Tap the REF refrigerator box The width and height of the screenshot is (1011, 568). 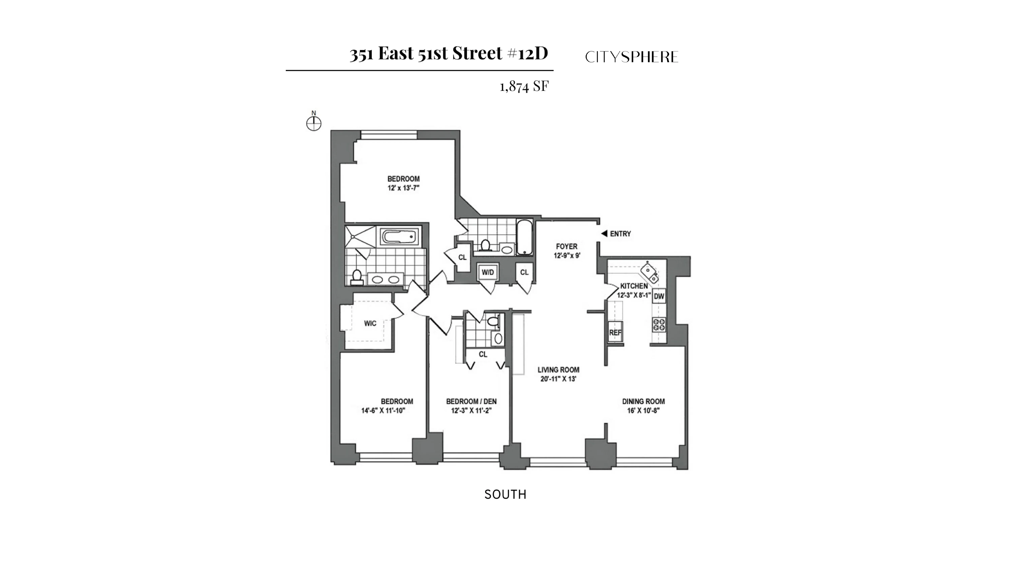coord(615,332)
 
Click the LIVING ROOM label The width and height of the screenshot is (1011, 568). coord(558,370)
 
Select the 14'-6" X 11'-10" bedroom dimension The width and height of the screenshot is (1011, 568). coord(383,411)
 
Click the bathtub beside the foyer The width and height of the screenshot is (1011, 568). coord(524,237)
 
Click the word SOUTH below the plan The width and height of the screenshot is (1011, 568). coord(505,495)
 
